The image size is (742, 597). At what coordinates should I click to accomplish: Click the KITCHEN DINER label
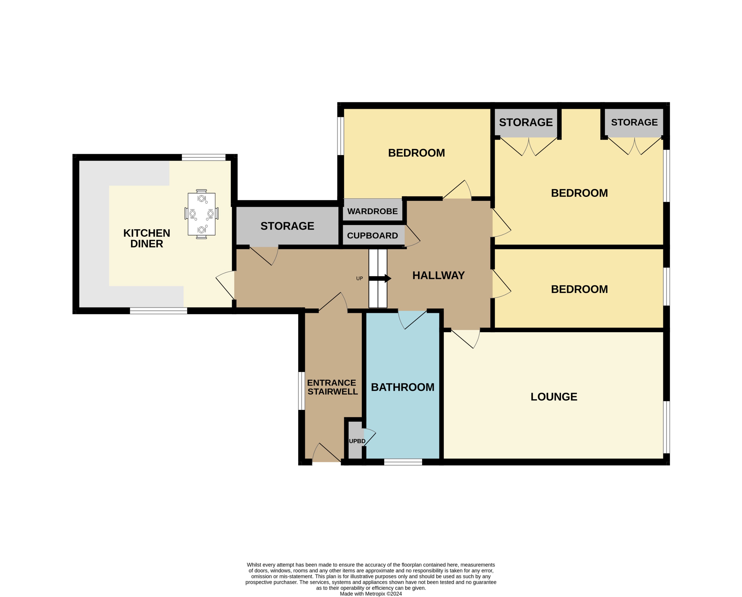coord(147,238)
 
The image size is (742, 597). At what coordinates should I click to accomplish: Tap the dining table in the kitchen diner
coord(201,214)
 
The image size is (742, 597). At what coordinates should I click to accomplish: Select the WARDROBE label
coord(372,211)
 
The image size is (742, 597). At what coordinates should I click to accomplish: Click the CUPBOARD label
coord(372,235)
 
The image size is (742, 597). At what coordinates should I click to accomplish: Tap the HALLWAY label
coord(438,276)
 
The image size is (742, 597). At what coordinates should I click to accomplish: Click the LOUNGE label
coord(554,397)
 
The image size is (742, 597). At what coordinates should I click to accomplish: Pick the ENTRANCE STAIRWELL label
coord(332,387)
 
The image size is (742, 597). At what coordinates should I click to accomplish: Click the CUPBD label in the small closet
coord(357,441)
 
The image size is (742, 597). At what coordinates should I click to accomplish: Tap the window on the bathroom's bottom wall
coord(403,462)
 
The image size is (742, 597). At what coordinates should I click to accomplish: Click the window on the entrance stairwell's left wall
coord(301,391)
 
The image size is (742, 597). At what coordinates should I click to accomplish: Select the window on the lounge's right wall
coord(666,427)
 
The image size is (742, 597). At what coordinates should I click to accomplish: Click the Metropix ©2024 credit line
coord(371,593)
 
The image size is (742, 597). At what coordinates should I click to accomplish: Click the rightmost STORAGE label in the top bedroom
coord(634,122)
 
